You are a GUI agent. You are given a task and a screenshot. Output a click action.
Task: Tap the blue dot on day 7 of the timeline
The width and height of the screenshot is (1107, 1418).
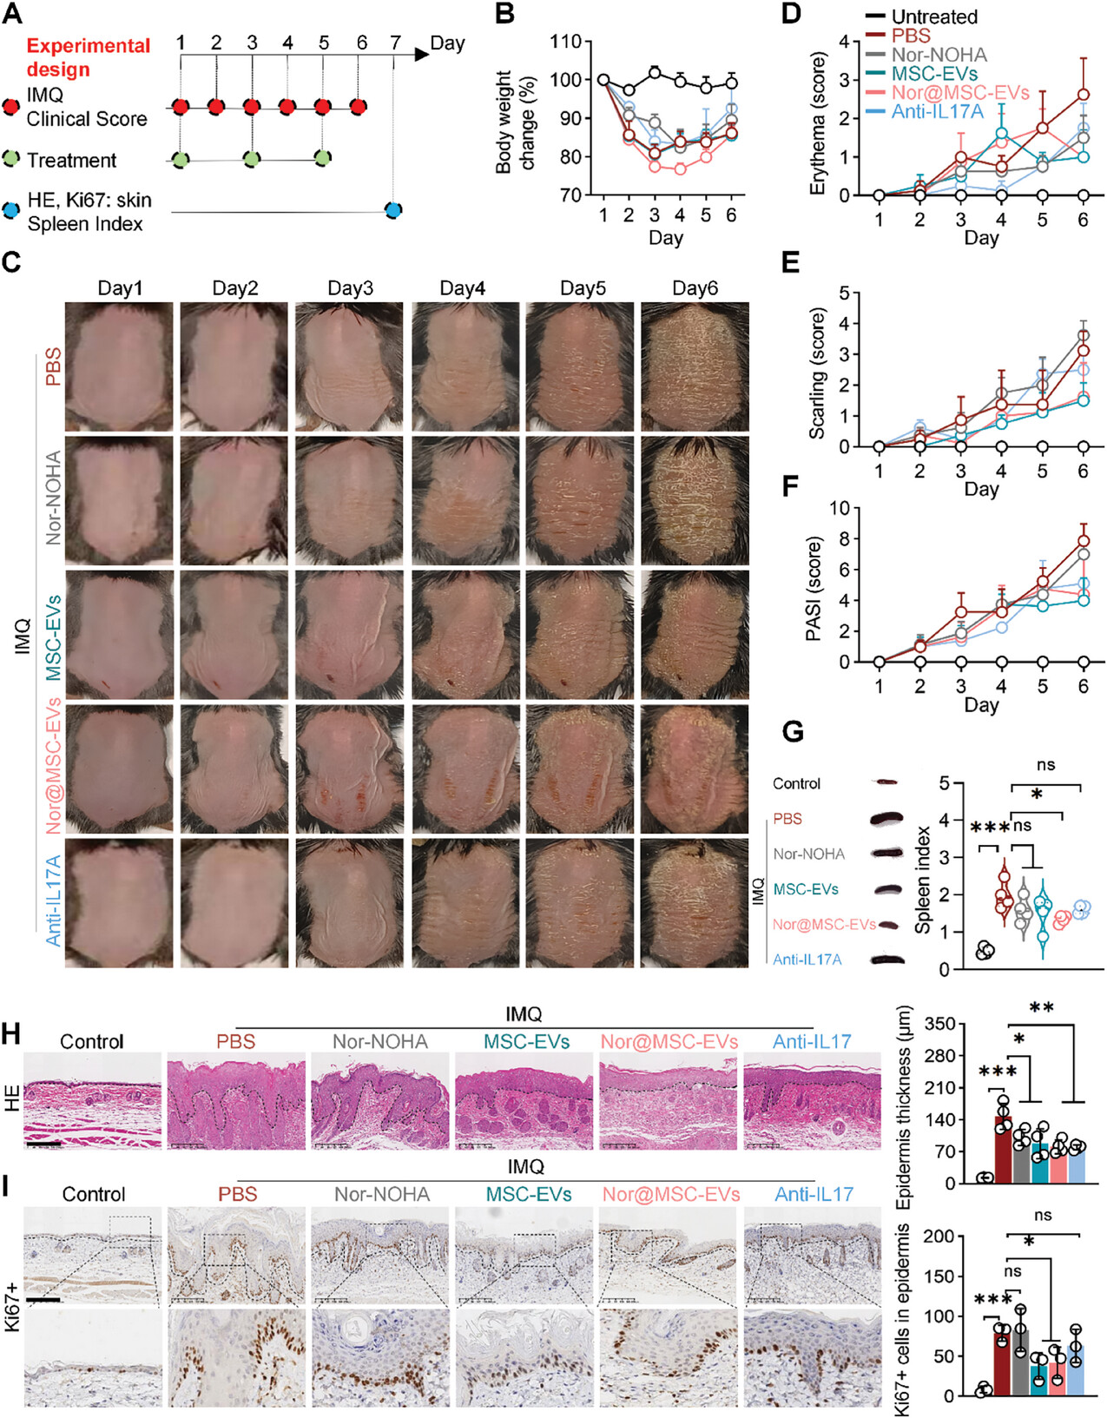(x=393, y=209)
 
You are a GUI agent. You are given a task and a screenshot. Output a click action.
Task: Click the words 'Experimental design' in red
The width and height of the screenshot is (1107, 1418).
(x=88, y=57)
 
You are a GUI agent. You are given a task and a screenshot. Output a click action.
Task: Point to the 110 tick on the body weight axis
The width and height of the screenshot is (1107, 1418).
(x=566, y=42)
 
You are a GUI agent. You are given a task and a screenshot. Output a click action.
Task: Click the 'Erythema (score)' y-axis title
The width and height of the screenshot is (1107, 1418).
(x=818, y=122)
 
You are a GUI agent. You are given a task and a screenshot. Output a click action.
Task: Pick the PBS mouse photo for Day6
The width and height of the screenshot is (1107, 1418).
(x=695, y=366)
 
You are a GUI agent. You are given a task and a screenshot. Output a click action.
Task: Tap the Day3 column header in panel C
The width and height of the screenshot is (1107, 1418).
(x=350, y=288)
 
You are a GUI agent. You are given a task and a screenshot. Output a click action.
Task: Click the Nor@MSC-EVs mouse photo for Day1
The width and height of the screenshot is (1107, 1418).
(x=119, y=768)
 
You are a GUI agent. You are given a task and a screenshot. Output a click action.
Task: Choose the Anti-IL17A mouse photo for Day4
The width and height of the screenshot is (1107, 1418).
(x=465, y=902)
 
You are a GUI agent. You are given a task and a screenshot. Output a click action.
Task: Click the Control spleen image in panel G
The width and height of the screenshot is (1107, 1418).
(x=886, y=782)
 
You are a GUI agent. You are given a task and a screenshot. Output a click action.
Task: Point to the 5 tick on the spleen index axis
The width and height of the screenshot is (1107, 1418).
(x=945, y=783)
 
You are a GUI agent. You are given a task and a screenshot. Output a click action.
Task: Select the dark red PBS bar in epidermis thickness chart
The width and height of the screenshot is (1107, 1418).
(x=1003, y=1149)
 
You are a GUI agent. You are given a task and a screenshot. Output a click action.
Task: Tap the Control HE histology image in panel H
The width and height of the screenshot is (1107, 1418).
(x=92, y=1100)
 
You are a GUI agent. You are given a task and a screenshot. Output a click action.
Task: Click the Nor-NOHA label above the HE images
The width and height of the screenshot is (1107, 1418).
(x=380, y=1041)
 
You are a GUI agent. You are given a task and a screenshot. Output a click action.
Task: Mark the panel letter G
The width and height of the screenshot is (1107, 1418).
(x=792, y=731)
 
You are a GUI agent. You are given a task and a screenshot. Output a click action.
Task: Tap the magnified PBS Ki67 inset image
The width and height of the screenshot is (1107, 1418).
(x=236, y=1358)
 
